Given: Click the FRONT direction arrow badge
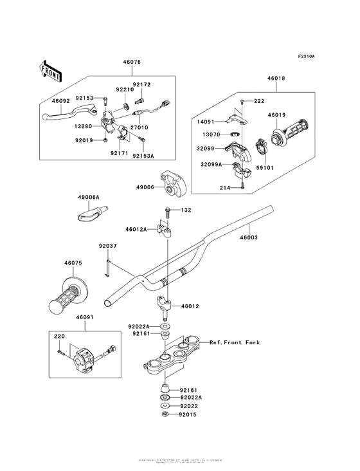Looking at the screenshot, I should pyautogui.click(x=50, y=70).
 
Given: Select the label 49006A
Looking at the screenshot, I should pyautogui.click(x=87, y=198).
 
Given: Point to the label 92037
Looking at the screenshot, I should pyautogui.click(x=107, y=245).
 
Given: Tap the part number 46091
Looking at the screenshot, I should pyautogui.click(x=85, y=317).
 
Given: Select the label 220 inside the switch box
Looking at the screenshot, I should pyautogui.click(x=60, y=337).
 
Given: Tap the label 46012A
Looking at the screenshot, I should pyautogui.click(x=136, y=228).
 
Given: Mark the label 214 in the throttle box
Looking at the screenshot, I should pyautogui.click(x=226, y=188).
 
